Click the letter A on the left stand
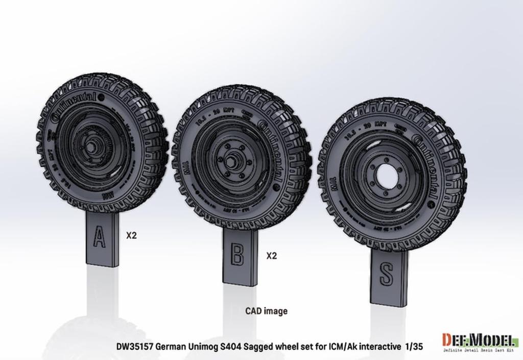(x=100, y=237)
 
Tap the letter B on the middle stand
(x=236, y=254)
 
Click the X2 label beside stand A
(x=132, y=235)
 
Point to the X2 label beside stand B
(x=272, y=256)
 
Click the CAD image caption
(x=266, y=310)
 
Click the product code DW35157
(x=133, y=347)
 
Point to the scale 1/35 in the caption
(x=414, y=347)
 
